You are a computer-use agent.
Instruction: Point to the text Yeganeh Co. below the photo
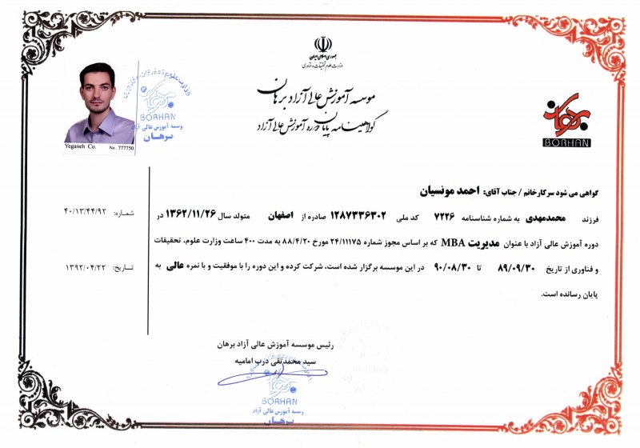[x=80, y=148]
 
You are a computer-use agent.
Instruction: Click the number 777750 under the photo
[x=123, y=148]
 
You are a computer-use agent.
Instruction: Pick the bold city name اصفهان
[x=364, y=217]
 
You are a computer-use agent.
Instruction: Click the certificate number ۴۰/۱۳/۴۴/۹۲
[x=90, y=213]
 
